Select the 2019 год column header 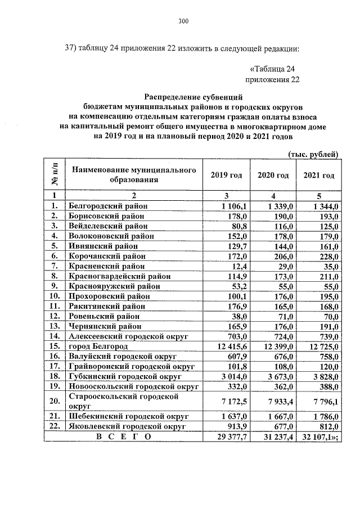(x=226, y=175)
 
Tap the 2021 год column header (x=319, y=175)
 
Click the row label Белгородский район (x=108, y=206)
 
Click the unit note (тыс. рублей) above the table (x=313, y=154)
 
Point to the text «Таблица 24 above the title (x=272, y=69)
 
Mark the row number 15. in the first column (x=55, y=345)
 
